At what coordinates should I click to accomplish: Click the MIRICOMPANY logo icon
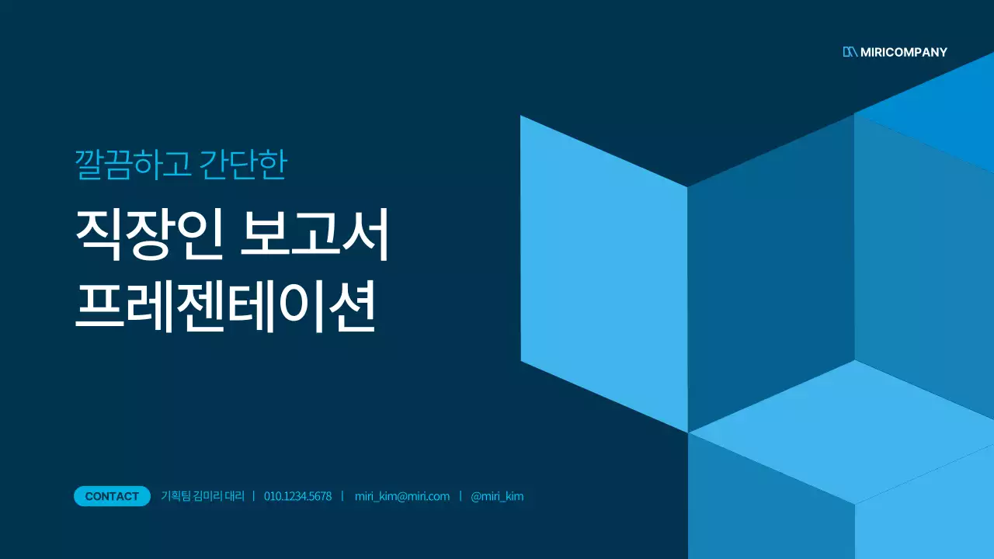coord(850,52)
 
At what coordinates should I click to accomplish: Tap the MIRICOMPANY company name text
coord(904,52)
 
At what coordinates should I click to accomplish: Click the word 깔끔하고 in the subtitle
coord(132,165)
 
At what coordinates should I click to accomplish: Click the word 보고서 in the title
coord(315,234)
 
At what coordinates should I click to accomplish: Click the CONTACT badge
coord(112,496)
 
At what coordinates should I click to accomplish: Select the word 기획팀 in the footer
coord(175,496)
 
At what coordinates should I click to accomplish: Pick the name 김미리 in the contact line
coord(208,496)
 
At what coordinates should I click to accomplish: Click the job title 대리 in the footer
coord(236,496)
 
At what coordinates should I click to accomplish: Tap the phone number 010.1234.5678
coord(297,496)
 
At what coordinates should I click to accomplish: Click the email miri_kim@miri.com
coord(401,496)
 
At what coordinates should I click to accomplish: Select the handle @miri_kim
coord(497,496)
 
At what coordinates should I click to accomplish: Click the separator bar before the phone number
coord(254,496)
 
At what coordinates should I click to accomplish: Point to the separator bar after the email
coord(461,496)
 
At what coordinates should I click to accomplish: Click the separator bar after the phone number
coord(342,496)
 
